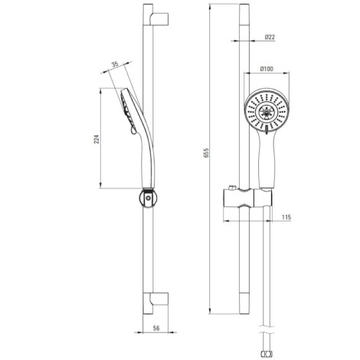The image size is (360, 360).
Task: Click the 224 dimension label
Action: [x=97, y=139]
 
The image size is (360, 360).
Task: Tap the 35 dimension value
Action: [x=116, y=64]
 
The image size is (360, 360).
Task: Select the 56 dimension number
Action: [x=156, y=328]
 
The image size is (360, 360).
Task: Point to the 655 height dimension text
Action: [x=206, y=152]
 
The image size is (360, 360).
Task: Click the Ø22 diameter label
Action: [x=270, y=37]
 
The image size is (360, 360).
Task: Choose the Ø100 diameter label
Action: [x=267, y=69]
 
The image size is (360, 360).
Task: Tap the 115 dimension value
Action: [x=286, y=218]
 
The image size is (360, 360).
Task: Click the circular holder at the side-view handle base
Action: [x=148, y=198]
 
